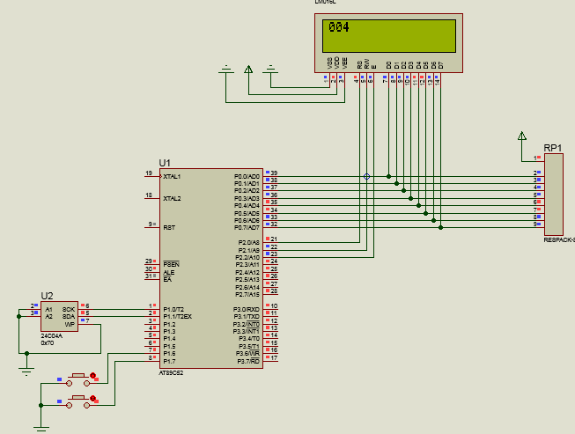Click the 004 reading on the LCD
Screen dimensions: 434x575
(x=339, y=27)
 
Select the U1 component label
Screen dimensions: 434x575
(x=165, y=163)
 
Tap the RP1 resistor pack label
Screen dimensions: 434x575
(x=553, y=148)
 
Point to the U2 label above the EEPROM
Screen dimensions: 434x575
(x=48, y=296)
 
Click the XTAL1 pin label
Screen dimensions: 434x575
(x=172, y=177)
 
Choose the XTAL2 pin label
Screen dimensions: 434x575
(x=172, y=198)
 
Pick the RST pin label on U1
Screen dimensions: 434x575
(x=168, y=227)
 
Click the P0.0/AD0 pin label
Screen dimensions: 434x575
(x=247, y=176)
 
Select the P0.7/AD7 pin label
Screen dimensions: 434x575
(x=247, y=227)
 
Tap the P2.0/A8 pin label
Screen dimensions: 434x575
(x=248, y=242)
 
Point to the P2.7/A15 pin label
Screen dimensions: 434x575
(x=247, y=294)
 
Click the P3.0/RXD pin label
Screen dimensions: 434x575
(x=247, y=309)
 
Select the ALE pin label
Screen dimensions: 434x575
(x=167, y=271)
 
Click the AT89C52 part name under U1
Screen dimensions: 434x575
(x=172, y=373)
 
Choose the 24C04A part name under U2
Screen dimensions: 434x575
(x=51, y=335)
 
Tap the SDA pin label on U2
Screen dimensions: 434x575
(x=69, y=316)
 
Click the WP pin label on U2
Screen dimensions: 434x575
(x=70, y=324)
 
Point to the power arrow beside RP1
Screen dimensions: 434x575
(x=522, y=136)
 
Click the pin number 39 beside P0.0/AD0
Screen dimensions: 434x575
(x=274, y=173)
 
